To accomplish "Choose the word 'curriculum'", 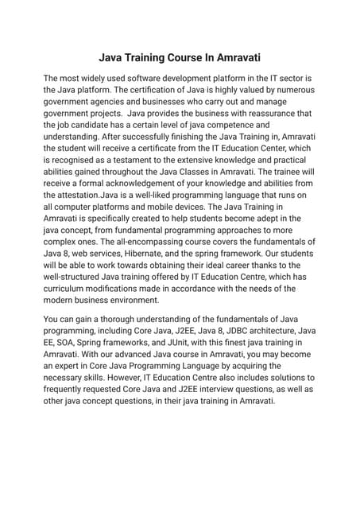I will [x=68, y=287].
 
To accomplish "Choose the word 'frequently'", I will [x=68, y=389].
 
